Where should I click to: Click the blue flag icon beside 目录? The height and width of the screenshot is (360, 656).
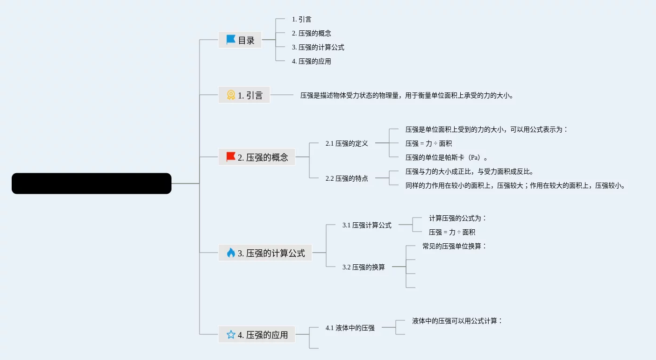click(231, 40)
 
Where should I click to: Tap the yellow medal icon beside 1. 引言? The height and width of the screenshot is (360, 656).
click(231, 95)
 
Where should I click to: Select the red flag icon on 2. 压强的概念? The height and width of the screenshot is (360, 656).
click(231, 157)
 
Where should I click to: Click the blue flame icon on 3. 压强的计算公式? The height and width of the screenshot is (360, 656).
click(231, 253)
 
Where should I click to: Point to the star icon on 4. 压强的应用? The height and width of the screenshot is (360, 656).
click(231, 334)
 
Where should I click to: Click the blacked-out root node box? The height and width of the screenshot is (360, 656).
click(92, 184)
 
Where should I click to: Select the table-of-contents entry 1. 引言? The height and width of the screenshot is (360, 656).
click(301, 19)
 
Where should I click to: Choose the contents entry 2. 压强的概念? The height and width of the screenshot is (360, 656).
click(311, 33)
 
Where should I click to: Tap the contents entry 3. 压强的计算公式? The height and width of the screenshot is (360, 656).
click(318, 47)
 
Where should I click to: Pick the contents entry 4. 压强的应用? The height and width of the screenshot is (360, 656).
click(311, 61)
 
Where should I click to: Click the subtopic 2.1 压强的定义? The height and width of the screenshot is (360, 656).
click(347, 143)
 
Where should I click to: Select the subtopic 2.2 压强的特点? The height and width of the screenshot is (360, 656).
click(347, 178)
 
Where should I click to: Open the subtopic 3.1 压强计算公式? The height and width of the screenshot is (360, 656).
click(367, 225)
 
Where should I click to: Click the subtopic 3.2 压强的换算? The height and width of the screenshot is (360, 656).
click(364, 267)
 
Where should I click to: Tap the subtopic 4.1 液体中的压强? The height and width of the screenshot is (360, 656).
click(350, 328)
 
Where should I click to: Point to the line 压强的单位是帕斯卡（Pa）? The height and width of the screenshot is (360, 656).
click(447, 157)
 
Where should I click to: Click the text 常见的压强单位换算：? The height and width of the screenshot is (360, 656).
click(455, 246)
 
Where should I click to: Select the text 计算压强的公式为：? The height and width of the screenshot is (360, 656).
click(458, 218)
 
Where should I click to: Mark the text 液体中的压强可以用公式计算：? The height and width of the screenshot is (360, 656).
click(457, 321)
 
